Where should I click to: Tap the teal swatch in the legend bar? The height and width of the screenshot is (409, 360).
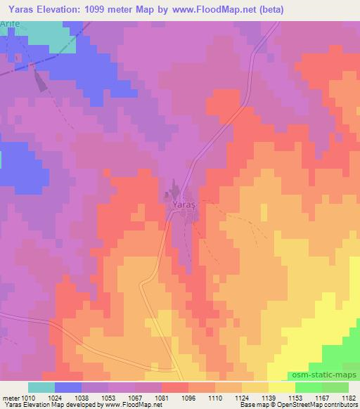click(x=41, y=387)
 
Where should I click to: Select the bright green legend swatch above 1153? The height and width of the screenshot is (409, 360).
click(x=309, y=387)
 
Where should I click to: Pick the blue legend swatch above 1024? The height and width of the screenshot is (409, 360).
click(x=68, y=387)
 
